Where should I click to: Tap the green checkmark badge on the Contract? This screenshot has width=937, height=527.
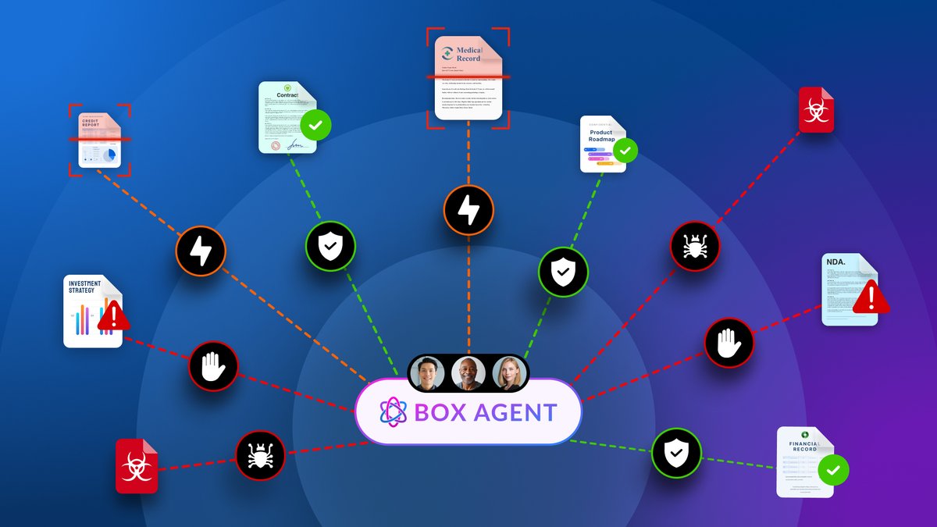click(315, 124)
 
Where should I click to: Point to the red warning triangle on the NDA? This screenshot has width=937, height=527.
click(871, 297)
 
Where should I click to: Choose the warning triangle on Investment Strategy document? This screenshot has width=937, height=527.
click(114, 315)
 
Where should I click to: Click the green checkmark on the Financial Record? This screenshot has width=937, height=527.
click(833, 470)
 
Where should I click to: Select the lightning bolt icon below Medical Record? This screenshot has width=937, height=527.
click(468, 209)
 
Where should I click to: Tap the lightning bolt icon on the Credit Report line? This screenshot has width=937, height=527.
click(201, 251)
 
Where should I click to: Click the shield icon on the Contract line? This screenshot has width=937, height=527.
click(330, 246)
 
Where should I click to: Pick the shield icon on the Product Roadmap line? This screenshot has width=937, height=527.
click(563, 272)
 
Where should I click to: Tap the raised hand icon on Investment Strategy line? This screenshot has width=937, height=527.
click(213, 365)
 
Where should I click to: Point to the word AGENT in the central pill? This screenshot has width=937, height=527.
click(518, 412)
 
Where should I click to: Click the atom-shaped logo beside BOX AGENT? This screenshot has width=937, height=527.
click(394, 412)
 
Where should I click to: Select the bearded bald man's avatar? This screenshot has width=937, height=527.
click(468, 373)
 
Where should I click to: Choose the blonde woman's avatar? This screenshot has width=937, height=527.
click(510, 373)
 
